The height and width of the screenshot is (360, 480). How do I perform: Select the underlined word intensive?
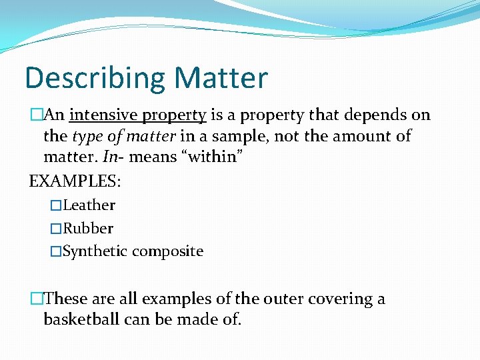click(101, 115)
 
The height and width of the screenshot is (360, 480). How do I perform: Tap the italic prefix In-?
click(115, 157)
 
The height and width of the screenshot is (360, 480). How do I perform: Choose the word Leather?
click(89, 205)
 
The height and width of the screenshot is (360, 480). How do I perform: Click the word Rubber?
click(88, 228)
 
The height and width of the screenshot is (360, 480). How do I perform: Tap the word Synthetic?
click(95, 251)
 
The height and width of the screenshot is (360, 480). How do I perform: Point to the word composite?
click(167, 251)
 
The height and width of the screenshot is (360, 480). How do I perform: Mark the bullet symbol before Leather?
click(56, 205)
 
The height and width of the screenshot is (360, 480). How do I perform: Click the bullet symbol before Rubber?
click(56, 228)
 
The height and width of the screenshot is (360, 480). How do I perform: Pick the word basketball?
click(81, 319)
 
